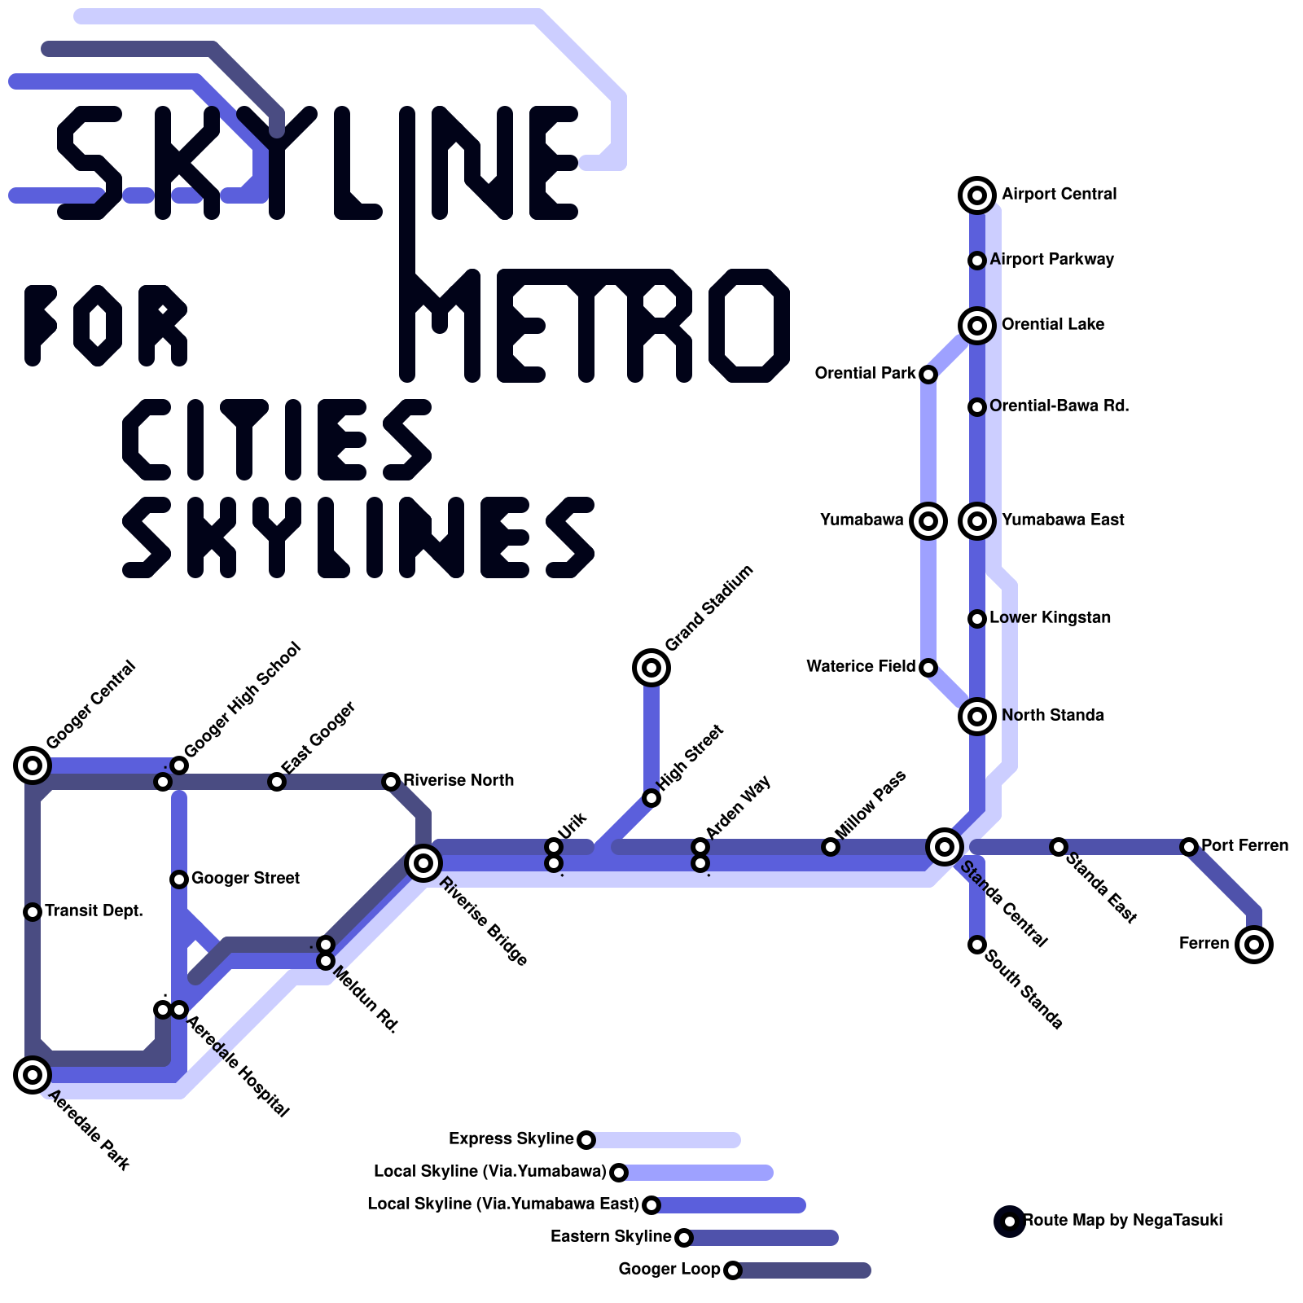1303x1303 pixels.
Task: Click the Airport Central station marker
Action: tap(977, 195)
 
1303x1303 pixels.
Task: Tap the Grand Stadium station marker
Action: tap(651, 668)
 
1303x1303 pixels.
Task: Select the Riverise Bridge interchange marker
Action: tap(423, 862)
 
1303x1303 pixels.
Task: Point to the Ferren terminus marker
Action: tap(1254, 945)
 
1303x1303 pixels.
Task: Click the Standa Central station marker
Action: tap(945, 847)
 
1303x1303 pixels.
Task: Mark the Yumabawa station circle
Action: tap(928, 521)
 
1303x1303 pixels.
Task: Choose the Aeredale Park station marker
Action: tap(33, 1075)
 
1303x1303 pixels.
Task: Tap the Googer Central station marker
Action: tap(33, 766)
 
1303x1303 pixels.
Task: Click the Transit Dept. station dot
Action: tap(33, 912)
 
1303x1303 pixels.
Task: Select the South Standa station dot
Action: tap(977, 945)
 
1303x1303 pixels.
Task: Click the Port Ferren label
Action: tap(1244, 845)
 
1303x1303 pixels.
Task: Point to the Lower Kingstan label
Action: tap(1050, 617)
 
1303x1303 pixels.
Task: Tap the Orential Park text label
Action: tap(865, 373)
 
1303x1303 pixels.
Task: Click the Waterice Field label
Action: tap(860, 666)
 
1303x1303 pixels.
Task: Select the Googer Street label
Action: tap(245, 878)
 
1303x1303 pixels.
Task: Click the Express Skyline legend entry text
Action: tap(511, 1138)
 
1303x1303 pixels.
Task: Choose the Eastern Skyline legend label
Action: tap(611, 1236)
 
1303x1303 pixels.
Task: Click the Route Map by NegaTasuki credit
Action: tap(1122, 1220)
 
